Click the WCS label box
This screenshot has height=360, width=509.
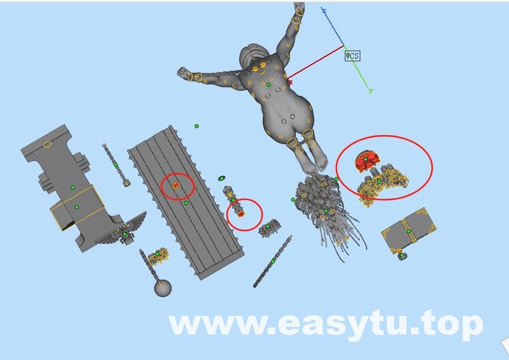pos(352,56)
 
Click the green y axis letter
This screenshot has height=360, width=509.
pos(370,91)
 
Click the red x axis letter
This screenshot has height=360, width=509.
pos(290,82)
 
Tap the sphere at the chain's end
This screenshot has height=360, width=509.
pos(163,288)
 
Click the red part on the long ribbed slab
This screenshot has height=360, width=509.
pos(175,185)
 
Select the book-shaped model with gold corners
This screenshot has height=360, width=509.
pos(409,230)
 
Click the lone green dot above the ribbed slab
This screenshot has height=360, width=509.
pos(196,126)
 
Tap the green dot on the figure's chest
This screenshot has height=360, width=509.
pos(269,85)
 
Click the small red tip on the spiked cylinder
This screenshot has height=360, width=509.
pos(240,214)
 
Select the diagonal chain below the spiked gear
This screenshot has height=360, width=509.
pos(272,261)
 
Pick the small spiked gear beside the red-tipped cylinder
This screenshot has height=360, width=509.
pos(270,227)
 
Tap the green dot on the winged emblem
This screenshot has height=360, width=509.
pos(125,234)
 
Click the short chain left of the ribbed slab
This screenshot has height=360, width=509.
pos(116,165)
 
